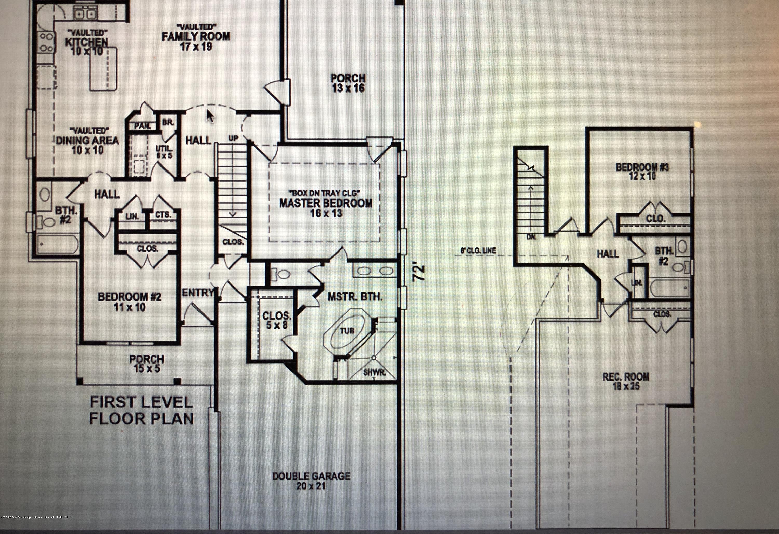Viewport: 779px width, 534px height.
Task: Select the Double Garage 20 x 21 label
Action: click(311, 481)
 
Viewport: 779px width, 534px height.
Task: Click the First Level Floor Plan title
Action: click(141, 410)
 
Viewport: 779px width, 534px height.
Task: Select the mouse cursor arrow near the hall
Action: click(210, 116)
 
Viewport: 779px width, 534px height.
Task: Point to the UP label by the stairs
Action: click(233, 138)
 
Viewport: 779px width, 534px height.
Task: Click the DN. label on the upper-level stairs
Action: click(531, 237)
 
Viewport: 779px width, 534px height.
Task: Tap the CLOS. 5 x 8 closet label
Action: click(277, 320)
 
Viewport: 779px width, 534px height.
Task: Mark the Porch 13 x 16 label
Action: click(348, 83)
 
